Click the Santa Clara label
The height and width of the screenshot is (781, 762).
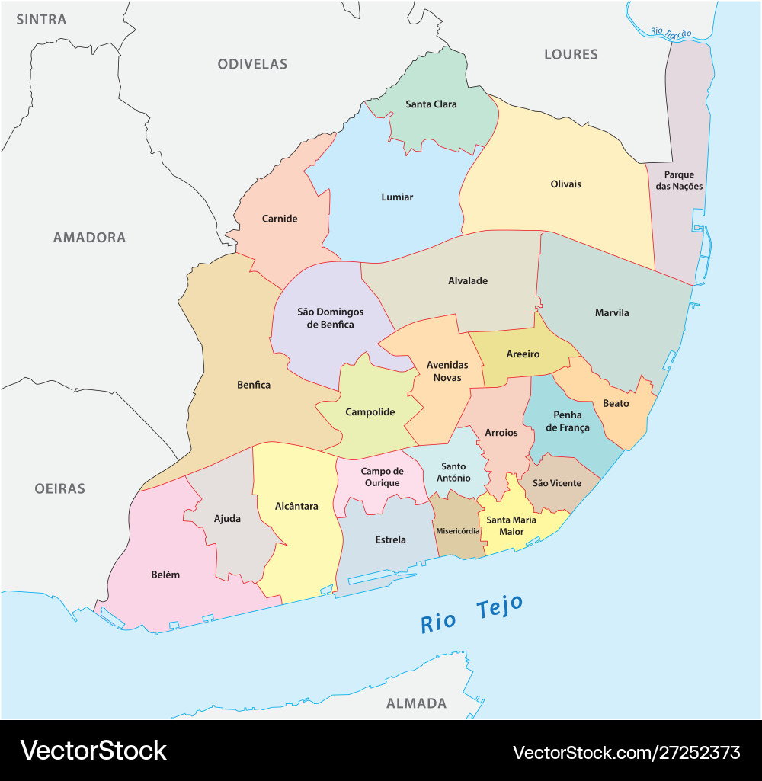coord(431,104)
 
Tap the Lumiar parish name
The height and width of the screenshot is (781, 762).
coord(397,197)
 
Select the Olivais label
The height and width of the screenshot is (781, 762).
coord(565,184)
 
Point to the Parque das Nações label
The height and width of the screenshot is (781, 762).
coord(679,181)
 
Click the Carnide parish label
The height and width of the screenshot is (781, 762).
coord(280,219)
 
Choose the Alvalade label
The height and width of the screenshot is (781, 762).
coord(468,281)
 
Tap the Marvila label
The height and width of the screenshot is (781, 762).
coord(612,312)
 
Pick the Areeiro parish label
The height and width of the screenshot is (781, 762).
coord(523,354)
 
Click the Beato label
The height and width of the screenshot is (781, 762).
coord(616,403)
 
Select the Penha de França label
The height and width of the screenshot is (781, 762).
coord(568,421)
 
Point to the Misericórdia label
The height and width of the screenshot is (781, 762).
coord(457,531)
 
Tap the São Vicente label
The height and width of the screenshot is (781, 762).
coord(556,483)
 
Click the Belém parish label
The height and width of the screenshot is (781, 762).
coord(165,575)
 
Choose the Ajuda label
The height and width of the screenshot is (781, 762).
coord(227,519)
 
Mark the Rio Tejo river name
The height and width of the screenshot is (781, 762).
coord(472,614)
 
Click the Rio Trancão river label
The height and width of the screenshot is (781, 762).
coord(671,33)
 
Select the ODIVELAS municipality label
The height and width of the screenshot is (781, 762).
coord(252,64)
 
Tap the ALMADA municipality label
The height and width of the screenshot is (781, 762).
coord(416,703)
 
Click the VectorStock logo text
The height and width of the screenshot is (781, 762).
coord(93,751)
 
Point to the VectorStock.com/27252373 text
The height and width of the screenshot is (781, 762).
coord(626,753)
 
